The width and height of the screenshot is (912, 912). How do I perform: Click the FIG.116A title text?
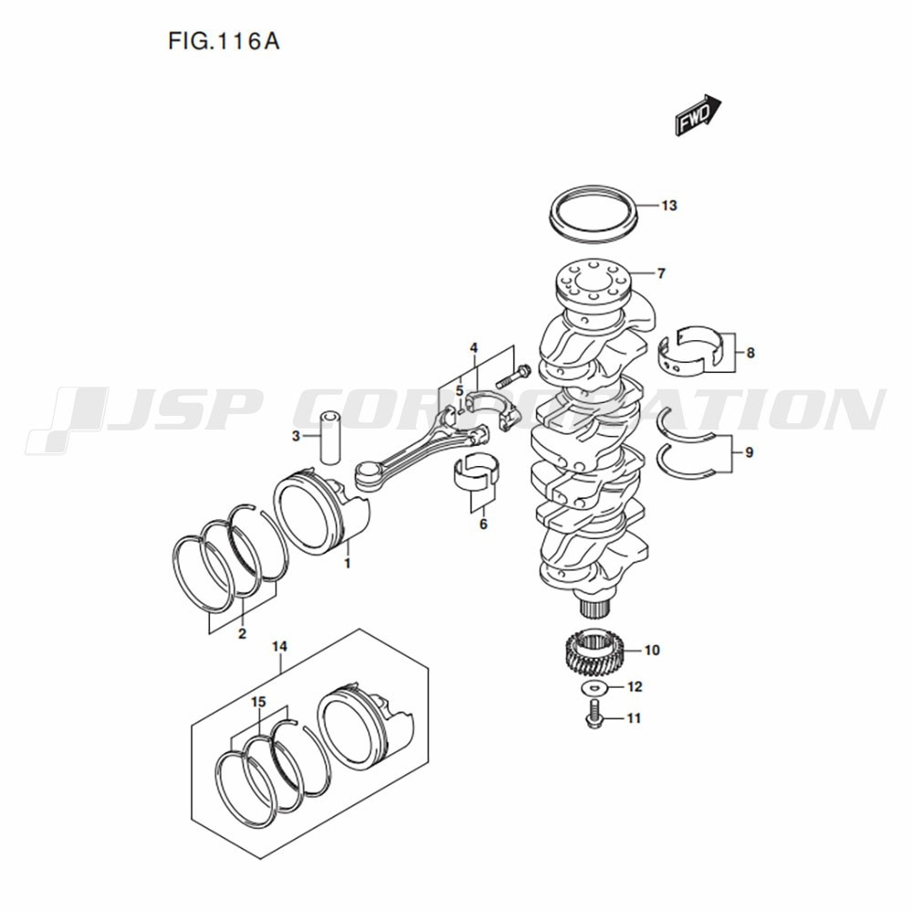[224, 41]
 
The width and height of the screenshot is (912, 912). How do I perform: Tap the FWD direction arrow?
[698, 115]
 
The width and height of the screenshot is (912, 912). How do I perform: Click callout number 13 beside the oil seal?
[668, 206]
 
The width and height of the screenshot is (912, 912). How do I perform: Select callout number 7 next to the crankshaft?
[660, 274]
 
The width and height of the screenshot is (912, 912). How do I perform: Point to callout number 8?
[751, 352]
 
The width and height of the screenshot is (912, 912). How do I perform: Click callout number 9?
[749, 452]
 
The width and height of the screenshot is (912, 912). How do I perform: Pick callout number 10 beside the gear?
[652, 650]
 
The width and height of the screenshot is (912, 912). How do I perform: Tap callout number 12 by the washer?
[635, 687]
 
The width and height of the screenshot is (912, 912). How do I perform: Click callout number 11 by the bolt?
[634, 719]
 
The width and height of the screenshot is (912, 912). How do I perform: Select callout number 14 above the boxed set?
[280, 647]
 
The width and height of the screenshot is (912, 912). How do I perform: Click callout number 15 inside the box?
[258, 702]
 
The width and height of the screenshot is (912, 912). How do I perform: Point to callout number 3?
[295, 436]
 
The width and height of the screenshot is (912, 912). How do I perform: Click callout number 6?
[483, 524]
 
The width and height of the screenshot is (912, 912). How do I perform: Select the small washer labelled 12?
[594, 689]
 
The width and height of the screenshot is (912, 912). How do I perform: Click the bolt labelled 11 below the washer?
[594, 715]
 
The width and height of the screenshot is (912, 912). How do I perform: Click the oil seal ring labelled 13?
[594, 214]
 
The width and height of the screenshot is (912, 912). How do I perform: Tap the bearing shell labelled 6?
[476, 470]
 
